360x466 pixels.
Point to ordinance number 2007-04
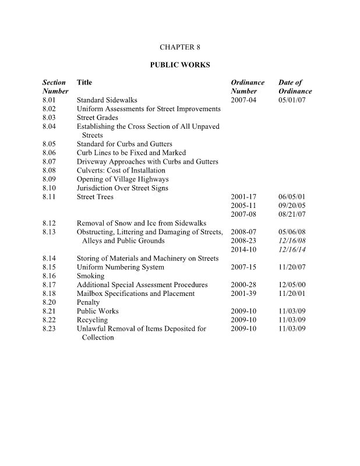tap(243, 100)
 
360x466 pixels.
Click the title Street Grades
tap(97, 118)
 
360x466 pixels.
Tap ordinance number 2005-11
tap(243, 206)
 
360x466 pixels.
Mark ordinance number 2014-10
tap(243, 249)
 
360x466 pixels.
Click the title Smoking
tap(90, 276)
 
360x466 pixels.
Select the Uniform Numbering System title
tap(121, 267)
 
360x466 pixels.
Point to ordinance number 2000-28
tap(243, 285)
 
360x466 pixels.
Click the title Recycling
tap(93, 320)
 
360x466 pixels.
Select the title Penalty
tap(89, 302)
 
